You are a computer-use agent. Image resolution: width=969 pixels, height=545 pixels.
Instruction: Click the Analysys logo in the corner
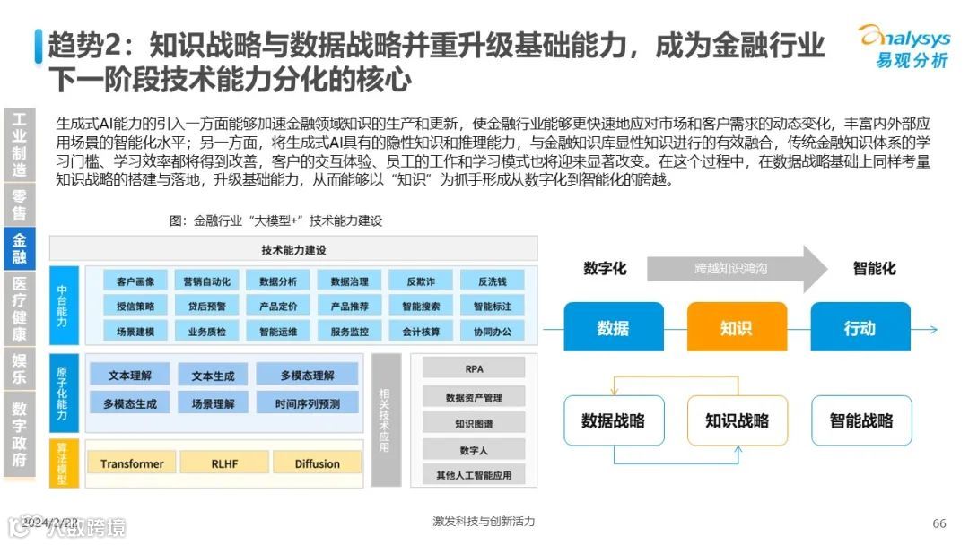click(904, 45)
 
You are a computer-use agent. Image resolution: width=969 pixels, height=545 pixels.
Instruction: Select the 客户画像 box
click(135, 281)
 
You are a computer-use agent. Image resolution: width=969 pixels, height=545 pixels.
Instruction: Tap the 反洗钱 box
click(492, 281)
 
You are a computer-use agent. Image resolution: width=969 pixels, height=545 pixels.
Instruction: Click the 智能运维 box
click(278, 331)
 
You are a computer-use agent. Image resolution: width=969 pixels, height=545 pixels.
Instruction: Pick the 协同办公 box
click(492, 331)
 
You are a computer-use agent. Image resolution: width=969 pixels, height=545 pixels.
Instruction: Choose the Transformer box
click(132, 463)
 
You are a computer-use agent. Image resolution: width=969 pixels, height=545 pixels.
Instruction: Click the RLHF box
click(223, 463)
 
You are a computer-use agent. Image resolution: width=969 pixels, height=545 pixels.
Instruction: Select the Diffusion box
click(317, 463)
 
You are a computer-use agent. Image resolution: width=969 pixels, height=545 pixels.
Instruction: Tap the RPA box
click(474, 368)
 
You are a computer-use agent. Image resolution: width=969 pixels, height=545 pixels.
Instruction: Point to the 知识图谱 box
click(474, 423)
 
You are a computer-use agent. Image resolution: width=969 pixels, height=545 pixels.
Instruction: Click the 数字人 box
click(474, 449)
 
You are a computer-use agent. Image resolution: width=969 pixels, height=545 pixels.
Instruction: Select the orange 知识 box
click(736, 327)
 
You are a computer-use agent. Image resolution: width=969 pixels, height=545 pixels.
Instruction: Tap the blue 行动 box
click(859, 327)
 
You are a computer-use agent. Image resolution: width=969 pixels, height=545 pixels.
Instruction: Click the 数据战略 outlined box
click(613, 420)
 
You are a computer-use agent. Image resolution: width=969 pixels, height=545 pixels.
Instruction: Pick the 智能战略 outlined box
click(861, 420)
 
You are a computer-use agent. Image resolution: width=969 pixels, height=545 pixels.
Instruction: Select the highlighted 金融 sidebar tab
click(19, 249)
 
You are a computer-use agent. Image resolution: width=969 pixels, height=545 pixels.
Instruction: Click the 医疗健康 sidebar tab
click(19, 309)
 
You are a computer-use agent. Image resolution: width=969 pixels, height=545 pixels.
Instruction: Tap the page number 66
click(939, 523)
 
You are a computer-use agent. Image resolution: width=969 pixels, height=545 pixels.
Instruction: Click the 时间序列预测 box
click(308, 403)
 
